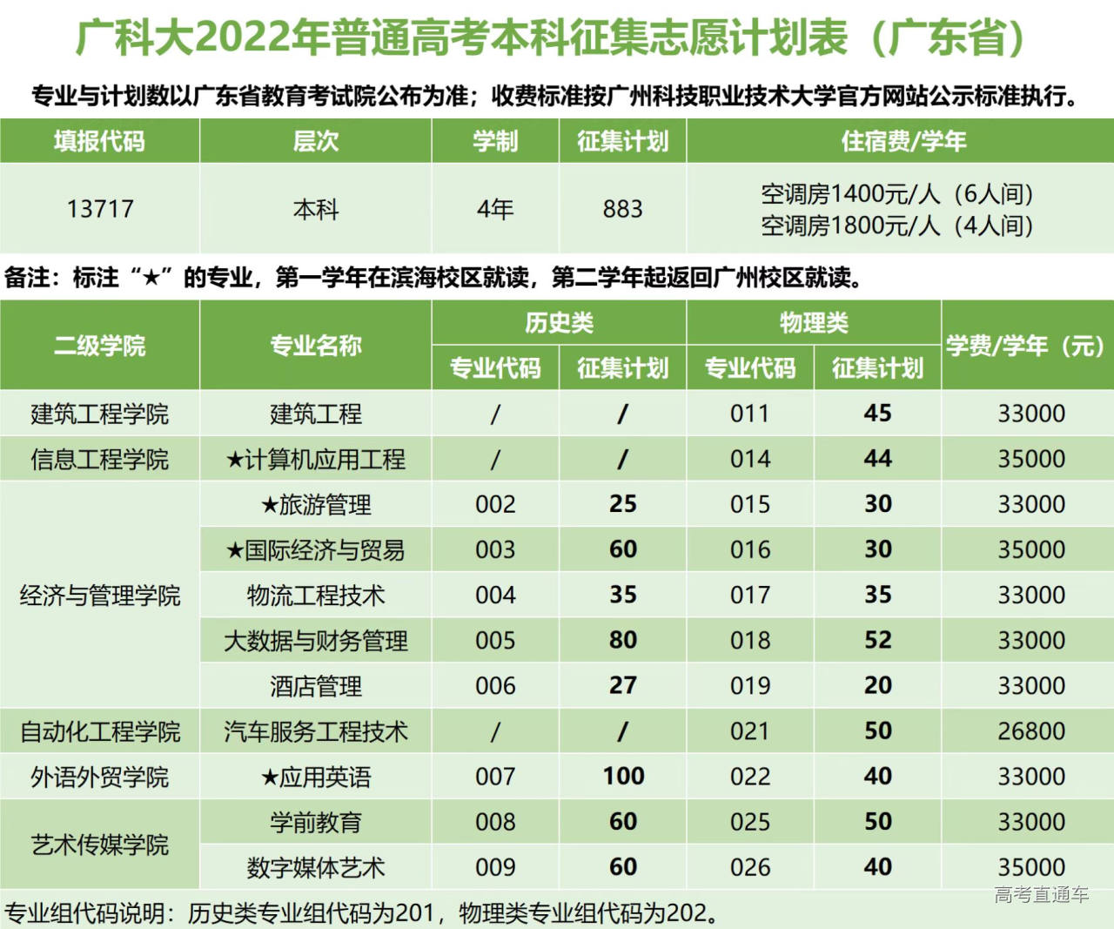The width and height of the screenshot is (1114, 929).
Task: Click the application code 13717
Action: pyautogui.click(x=100, y=209)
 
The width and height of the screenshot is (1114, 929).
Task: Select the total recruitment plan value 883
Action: pyautogui.click(x=622, y=209)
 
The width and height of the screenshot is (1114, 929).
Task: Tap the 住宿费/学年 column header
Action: pyautogui.click(x=903, y=141)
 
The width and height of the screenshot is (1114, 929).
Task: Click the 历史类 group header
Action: pyautogui.click(x=559, y=323)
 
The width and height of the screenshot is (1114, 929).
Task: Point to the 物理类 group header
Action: pyautogui.click(x=814, y=323)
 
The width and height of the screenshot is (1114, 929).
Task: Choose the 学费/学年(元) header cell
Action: pyautogui.click(x=1026, y=346)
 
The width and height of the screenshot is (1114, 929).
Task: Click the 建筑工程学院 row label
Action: pyautogui.click(x=100, y=414)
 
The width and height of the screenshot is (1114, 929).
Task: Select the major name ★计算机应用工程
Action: pyautogui.click(x=315, y=459)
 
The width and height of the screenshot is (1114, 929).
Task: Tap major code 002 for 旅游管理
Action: pyautogui.click(x=495, y=504)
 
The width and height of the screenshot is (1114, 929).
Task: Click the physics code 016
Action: pyautogui.click(x=750, y=549)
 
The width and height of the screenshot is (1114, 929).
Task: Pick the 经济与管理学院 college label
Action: pyautogui.click(x=100, y=596)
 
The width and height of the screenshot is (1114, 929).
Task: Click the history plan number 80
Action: pyautogui.click(x=622, y=640)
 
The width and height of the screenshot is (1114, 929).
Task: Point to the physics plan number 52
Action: pyautogui.click(x=877, y=640)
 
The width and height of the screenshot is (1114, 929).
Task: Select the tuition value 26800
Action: pyautogui.click(x=1031, y=730)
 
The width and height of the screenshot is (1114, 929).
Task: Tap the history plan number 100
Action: pyautogui.click(x=623, y=776)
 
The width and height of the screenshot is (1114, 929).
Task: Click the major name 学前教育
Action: pyautogui.click(x=315, y=822)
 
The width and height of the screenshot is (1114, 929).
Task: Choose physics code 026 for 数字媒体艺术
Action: pyautogui.click(x=750, y=867)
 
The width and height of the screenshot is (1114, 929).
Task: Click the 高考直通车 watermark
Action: pyautogui.click(x=1041, y=894)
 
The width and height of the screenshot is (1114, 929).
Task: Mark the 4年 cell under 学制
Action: pyautogui.click(x=495, y=209)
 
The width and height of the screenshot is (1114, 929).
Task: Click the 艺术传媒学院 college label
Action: pyautogui.click(x=100, y=845)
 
